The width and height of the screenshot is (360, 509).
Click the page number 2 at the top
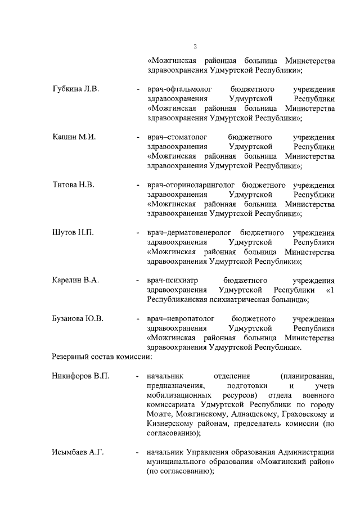195,46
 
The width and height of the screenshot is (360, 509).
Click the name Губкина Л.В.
75,89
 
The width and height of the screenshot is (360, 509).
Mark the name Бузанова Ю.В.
78,319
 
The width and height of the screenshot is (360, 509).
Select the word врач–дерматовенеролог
189,233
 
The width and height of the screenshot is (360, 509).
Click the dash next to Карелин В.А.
138,281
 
